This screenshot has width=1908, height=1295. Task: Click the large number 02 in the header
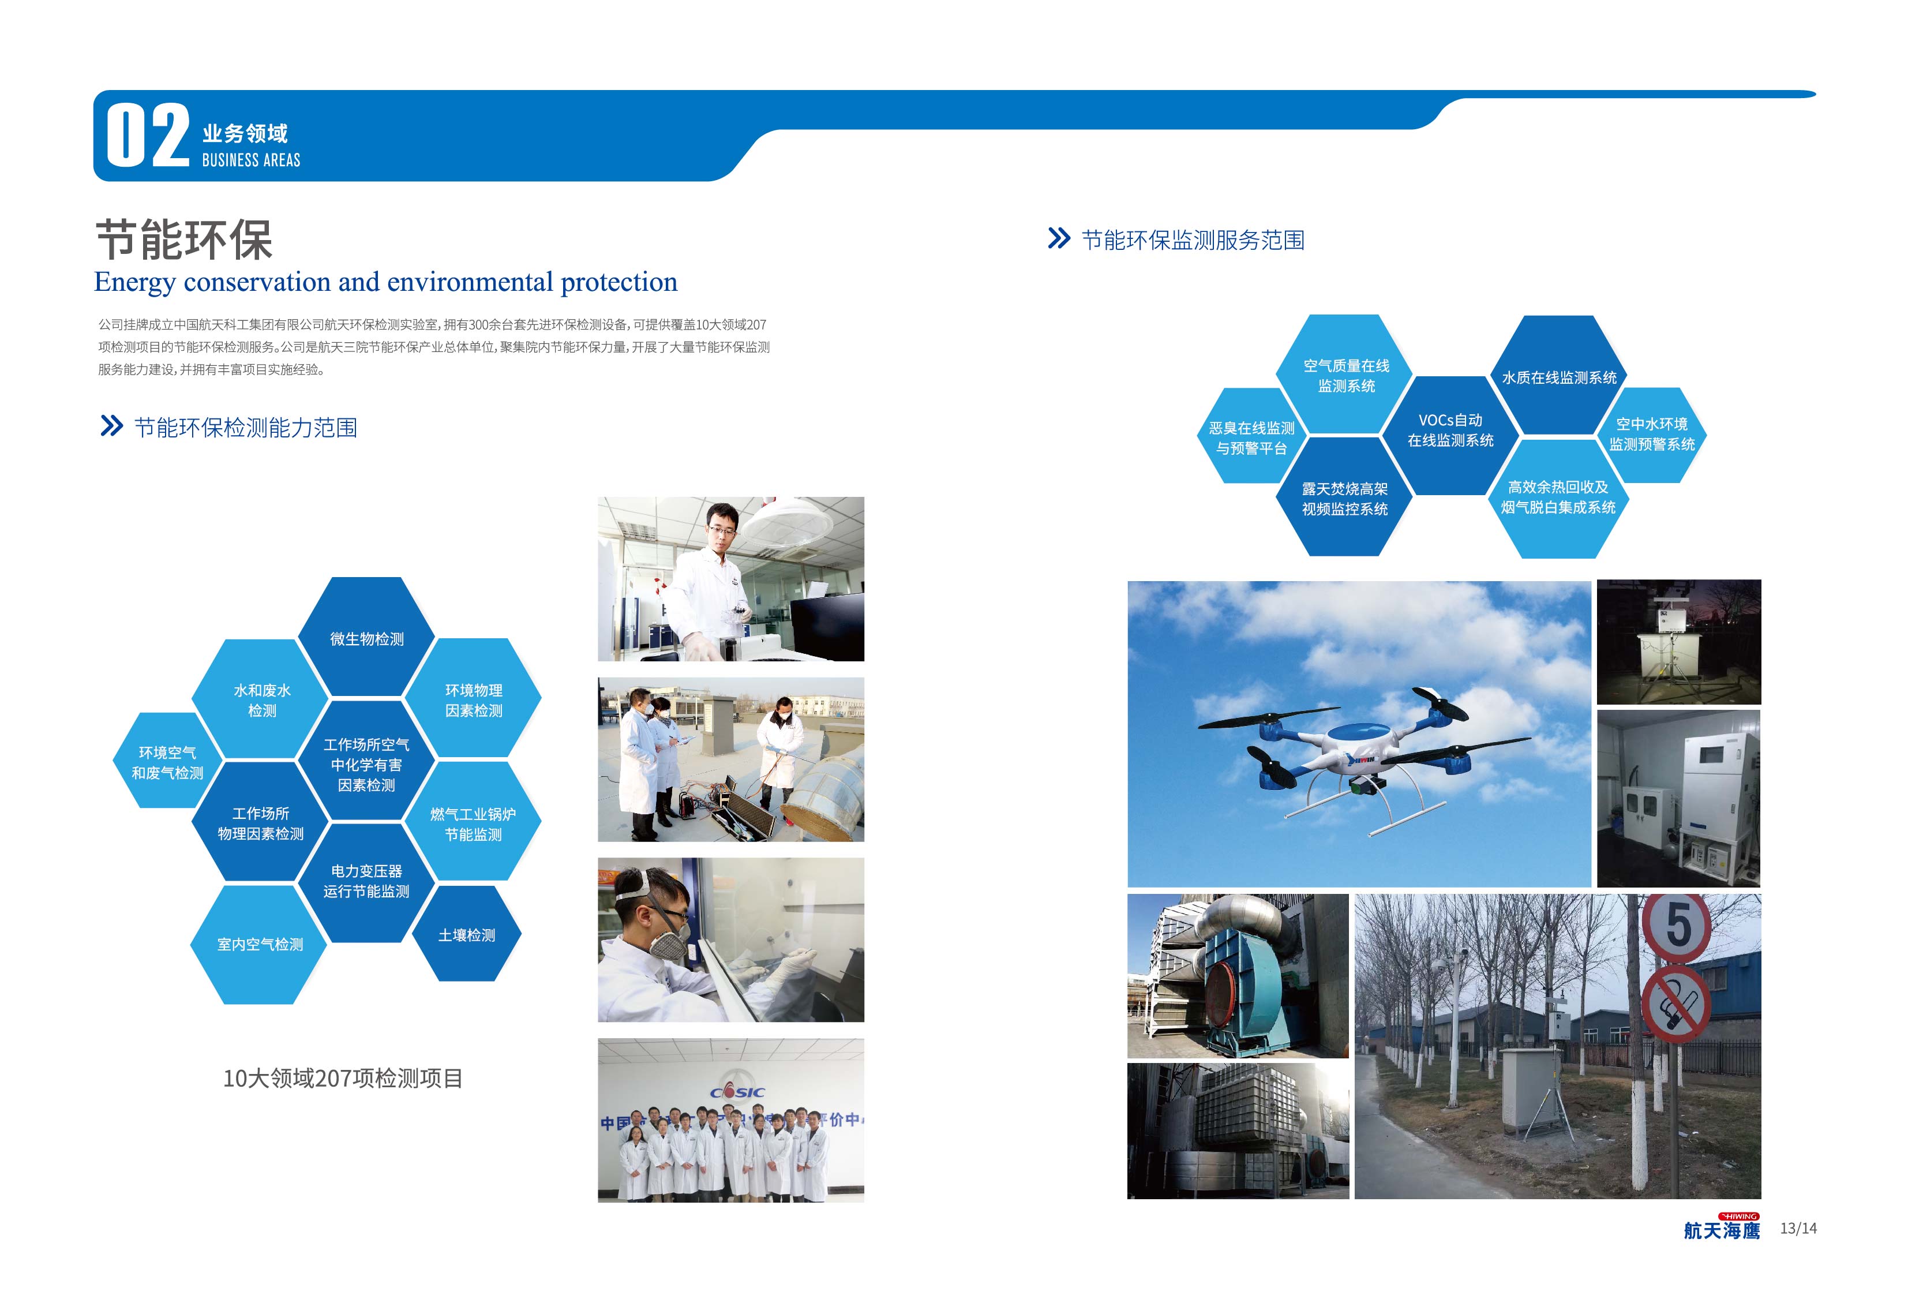click(148, 136)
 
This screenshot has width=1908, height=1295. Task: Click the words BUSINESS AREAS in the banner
click(251, 160)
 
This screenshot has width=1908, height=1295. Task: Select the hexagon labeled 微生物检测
click(366, 637)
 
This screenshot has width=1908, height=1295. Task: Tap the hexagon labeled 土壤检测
click(466, 934)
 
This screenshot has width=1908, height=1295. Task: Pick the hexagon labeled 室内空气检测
click(260, 944)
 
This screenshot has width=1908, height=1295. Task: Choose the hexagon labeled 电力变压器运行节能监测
click(366, 882)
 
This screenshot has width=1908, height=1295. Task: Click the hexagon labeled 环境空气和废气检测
click(167, 761)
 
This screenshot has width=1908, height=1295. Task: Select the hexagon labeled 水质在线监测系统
click(1558, 376)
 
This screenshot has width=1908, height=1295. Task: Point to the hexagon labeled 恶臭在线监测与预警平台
click(1251, 437)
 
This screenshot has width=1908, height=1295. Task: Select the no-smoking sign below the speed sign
click(1675, 1002)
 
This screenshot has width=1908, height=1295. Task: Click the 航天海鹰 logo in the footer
click(1722, 1227)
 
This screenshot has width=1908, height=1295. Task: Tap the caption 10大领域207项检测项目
click(343, 1078)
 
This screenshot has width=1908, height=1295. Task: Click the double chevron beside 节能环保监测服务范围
click(1059, 238)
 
